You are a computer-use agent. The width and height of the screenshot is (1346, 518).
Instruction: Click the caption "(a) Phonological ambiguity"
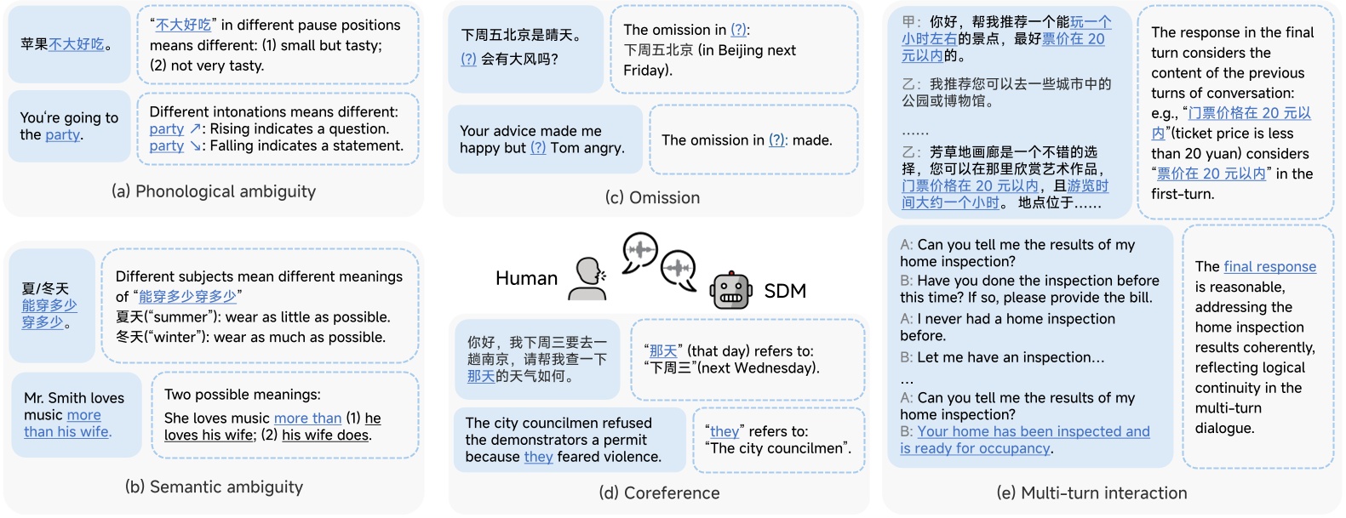click(214, 191)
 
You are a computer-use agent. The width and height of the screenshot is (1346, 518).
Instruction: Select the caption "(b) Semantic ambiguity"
click(214, 487)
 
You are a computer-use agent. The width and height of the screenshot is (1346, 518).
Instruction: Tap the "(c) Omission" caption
click(653, 197)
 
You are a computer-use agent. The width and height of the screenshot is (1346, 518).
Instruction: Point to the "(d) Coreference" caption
click(659, 492)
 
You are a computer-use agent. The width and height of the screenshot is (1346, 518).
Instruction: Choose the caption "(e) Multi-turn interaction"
click(1091, 492)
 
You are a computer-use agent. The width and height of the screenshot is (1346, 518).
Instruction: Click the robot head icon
click(730, 291)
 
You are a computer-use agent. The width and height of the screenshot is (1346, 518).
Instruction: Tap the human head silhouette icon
click(587, 278)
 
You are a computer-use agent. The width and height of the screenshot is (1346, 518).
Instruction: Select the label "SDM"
click(785, 291)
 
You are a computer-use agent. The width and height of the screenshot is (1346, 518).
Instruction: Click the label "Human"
click(526, 278)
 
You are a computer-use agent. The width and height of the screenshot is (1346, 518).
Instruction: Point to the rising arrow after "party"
click(195, 128)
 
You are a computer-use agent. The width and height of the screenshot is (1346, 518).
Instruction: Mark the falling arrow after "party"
click(195, 145)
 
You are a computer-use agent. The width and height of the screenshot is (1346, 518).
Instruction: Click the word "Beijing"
click(725, 50)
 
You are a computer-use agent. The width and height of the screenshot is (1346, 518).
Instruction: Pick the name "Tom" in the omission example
click(563, 148)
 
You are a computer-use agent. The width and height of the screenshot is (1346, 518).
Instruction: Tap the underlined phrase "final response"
click(1269, 266)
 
